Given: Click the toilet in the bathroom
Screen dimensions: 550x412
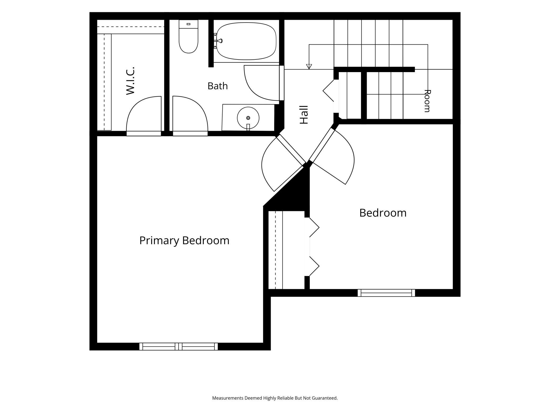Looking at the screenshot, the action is (189, 36).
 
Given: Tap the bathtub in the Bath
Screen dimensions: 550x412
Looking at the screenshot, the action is (246, 41).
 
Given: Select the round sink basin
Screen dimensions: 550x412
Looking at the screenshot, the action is (248, 118).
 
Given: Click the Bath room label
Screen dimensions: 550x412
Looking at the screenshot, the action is (218, 86).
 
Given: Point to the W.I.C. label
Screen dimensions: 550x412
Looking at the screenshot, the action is (130, 81).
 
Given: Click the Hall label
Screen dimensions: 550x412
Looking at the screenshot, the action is (304, 115).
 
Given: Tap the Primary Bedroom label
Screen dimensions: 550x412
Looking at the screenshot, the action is (184, 241).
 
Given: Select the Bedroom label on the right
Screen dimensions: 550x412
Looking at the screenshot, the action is (383, 213).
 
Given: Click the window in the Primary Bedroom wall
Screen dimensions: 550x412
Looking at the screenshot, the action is (178, 347).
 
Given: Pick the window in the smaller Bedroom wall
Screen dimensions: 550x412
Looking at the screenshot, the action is (386, 293).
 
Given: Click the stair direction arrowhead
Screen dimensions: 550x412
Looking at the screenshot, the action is (309, 67).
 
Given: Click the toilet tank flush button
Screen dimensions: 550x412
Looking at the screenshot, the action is (189, 24).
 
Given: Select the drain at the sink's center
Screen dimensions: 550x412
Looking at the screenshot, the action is (248, 118).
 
